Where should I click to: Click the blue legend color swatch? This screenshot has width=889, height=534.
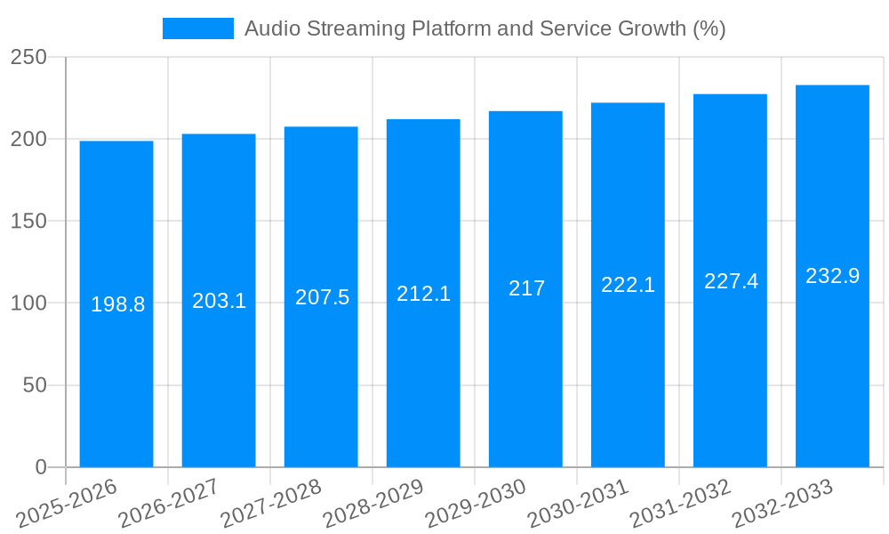pos(197,28)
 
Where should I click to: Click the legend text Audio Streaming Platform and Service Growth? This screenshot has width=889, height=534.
pos(485,28)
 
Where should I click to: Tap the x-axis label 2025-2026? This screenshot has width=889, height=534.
pos(67,504)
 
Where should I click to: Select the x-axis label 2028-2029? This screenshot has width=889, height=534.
pos(373,504)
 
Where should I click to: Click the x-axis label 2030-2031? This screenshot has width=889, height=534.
pos(578,504)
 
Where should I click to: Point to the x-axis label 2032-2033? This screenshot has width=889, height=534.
pos(782,504)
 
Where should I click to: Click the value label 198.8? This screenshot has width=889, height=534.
pos(117,304)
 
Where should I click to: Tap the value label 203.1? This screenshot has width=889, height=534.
pos(219,301)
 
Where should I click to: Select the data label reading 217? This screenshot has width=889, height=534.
pos(526,288)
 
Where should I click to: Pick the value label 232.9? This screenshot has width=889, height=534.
pos(832,276)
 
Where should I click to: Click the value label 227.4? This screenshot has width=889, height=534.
pos(731,281)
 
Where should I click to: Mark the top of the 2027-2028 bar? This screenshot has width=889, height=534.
pos(321,127)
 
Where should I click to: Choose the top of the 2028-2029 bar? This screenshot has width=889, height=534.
pos(423,119)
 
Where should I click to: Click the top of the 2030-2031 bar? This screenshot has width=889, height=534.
pos(628,103)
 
